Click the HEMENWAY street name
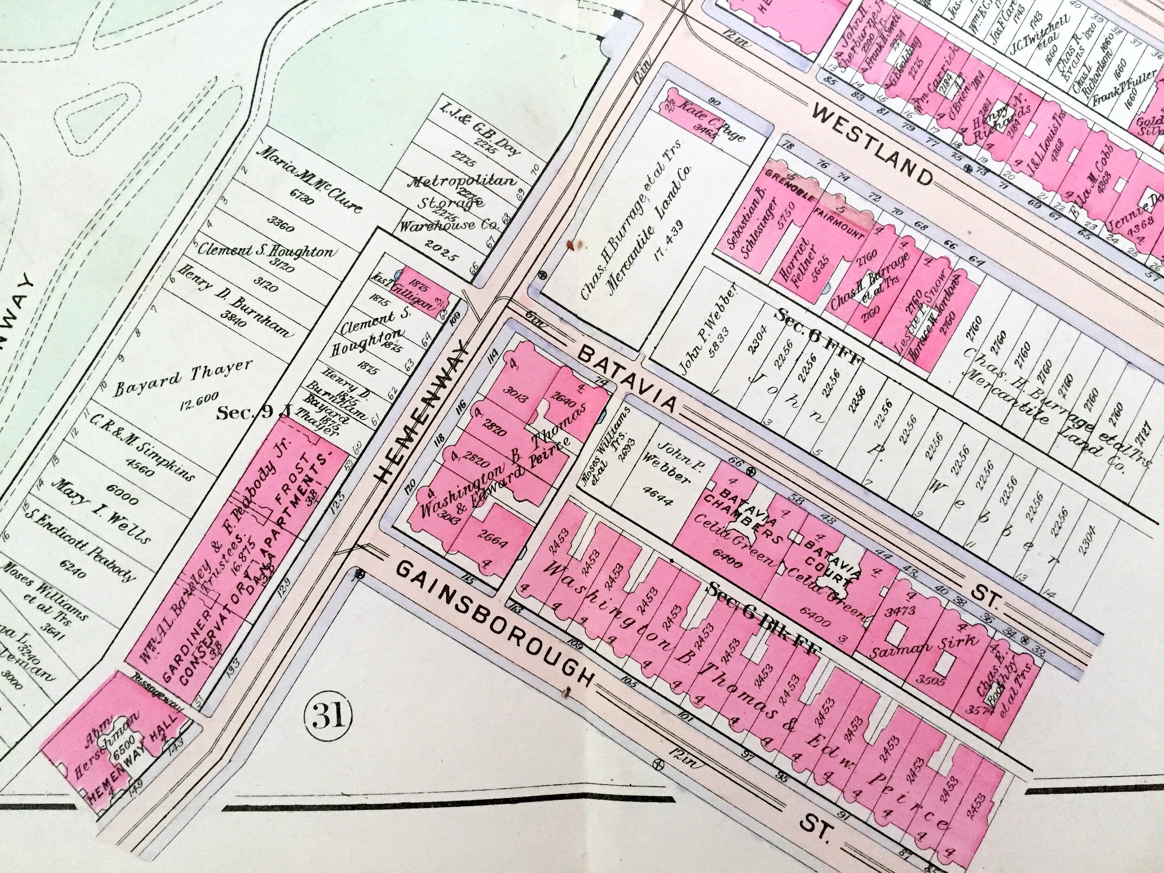click(x=421, y=412)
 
